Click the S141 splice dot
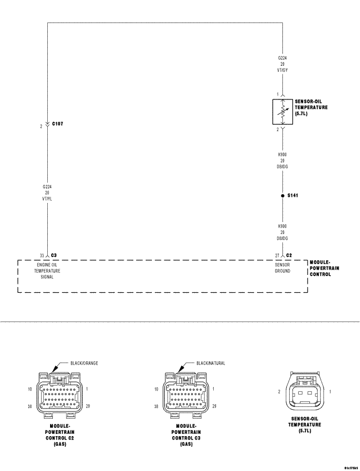[282, 196]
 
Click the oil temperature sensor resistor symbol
[282, 111]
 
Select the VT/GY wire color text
[283, 70]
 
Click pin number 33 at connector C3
[42, 255]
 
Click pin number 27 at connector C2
[277, 255]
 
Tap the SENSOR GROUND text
[282, 268]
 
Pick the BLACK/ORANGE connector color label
[84, 363]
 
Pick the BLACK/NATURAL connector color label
[211, 363]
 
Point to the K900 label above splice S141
[282, 153]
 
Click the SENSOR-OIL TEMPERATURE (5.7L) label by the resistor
[311, 107]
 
